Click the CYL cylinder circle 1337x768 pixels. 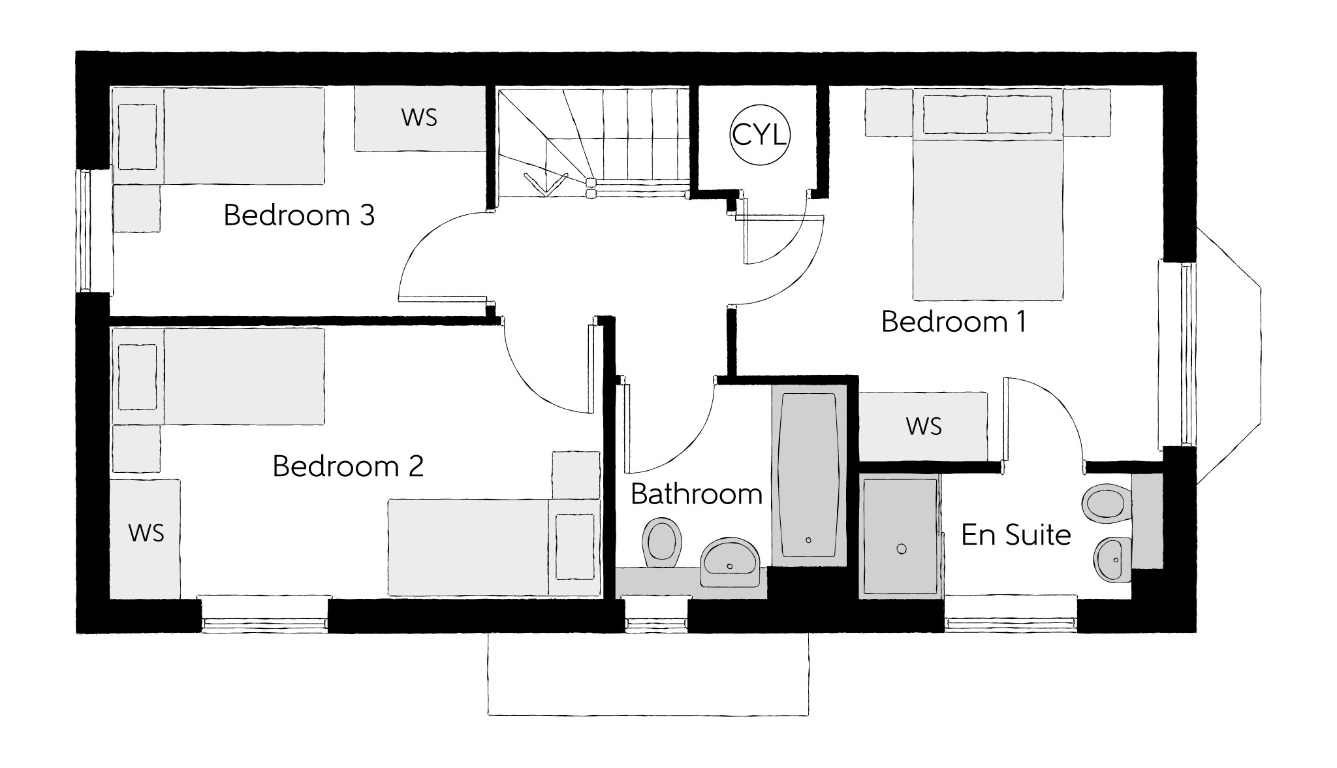pos(759,136)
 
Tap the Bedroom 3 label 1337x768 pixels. pos(299,216)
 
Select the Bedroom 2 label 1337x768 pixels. pos(348,466)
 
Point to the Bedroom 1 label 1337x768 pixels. pos(953,322)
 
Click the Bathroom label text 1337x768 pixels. pos(697,494)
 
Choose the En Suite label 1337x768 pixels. pos(1016,536)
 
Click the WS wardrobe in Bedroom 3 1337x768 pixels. pos(419,118)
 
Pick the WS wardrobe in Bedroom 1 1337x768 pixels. pos(923,426)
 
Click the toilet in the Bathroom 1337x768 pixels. pos(662,543)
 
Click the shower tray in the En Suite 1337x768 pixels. pos(901,537)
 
